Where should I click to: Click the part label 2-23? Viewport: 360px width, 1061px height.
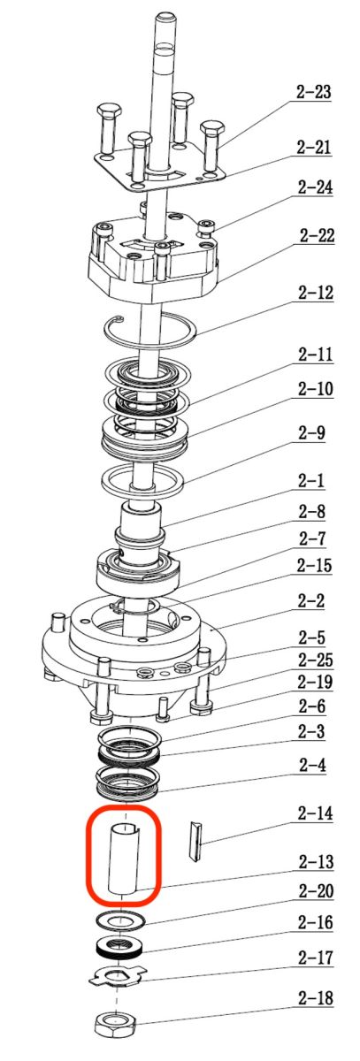tap(314, 91)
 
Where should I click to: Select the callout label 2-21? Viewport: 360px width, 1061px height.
tap(314, 148)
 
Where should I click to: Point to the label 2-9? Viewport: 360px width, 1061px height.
tap(311, 433)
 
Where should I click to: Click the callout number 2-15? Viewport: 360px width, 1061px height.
tap(314, 566)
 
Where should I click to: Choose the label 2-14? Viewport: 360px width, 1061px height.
tap(315, 813)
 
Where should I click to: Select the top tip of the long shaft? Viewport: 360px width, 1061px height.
tap(166, 15)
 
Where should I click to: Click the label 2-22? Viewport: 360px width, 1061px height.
tap(317, 235)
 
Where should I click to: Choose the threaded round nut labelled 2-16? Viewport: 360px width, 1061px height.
tap(120, 947)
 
